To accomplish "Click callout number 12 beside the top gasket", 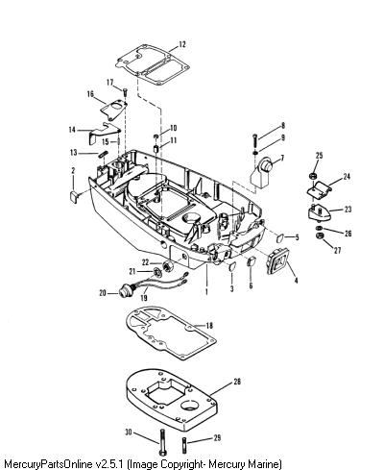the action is [181, 44].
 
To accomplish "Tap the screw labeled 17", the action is [125, 91].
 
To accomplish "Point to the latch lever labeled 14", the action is [102, 133].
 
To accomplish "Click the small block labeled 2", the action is [74, 196].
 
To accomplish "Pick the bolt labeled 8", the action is [255, 140].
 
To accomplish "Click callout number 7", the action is [282, 158].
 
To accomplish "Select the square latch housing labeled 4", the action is [277, 261].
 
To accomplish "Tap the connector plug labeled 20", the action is [125, 292].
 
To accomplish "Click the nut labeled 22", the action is [167, 266].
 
